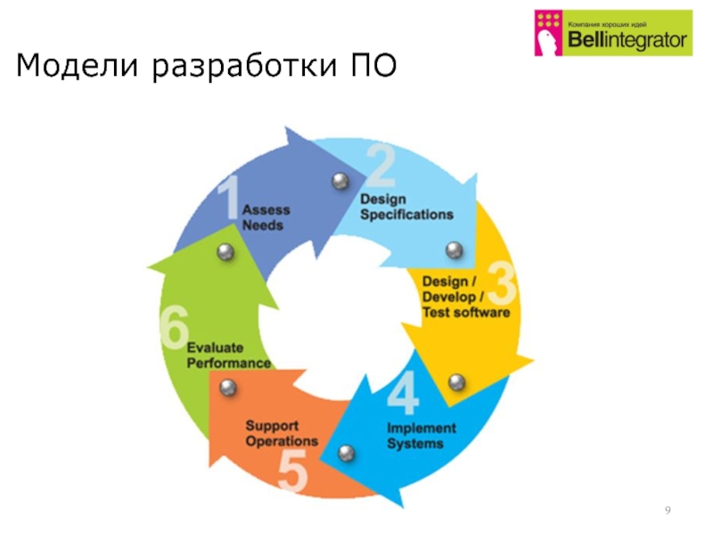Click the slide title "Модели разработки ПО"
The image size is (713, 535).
point(204,67)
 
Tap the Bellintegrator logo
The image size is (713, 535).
point(612,33)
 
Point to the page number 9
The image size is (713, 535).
point(668,509)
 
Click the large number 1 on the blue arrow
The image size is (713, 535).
point(229,198)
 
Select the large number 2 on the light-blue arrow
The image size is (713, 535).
point(381,168)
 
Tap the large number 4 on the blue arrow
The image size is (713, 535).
point(403,393)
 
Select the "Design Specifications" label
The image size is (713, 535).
point(406,207)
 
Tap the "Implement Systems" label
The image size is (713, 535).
point(421,435)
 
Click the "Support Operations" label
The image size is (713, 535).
point(282,433)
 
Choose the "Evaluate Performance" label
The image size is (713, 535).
point(227,355)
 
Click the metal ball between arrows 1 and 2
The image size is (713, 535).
point(340,181)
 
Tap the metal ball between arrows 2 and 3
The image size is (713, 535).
point(455,250)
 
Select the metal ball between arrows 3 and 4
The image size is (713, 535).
point(456,382)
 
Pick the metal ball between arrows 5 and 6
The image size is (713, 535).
point(228,387)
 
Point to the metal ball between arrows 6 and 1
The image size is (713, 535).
point(226,252)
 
